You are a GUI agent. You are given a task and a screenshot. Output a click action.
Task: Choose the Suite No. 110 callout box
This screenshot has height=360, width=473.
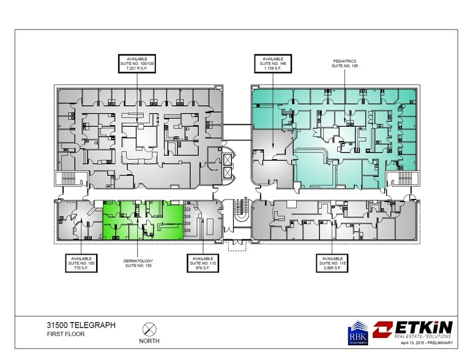203,263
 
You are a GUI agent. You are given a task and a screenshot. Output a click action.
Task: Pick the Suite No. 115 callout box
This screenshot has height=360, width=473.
332,263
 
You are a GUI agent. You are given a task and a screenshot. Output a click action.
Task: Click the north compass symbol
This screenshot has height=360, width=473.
147,328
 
